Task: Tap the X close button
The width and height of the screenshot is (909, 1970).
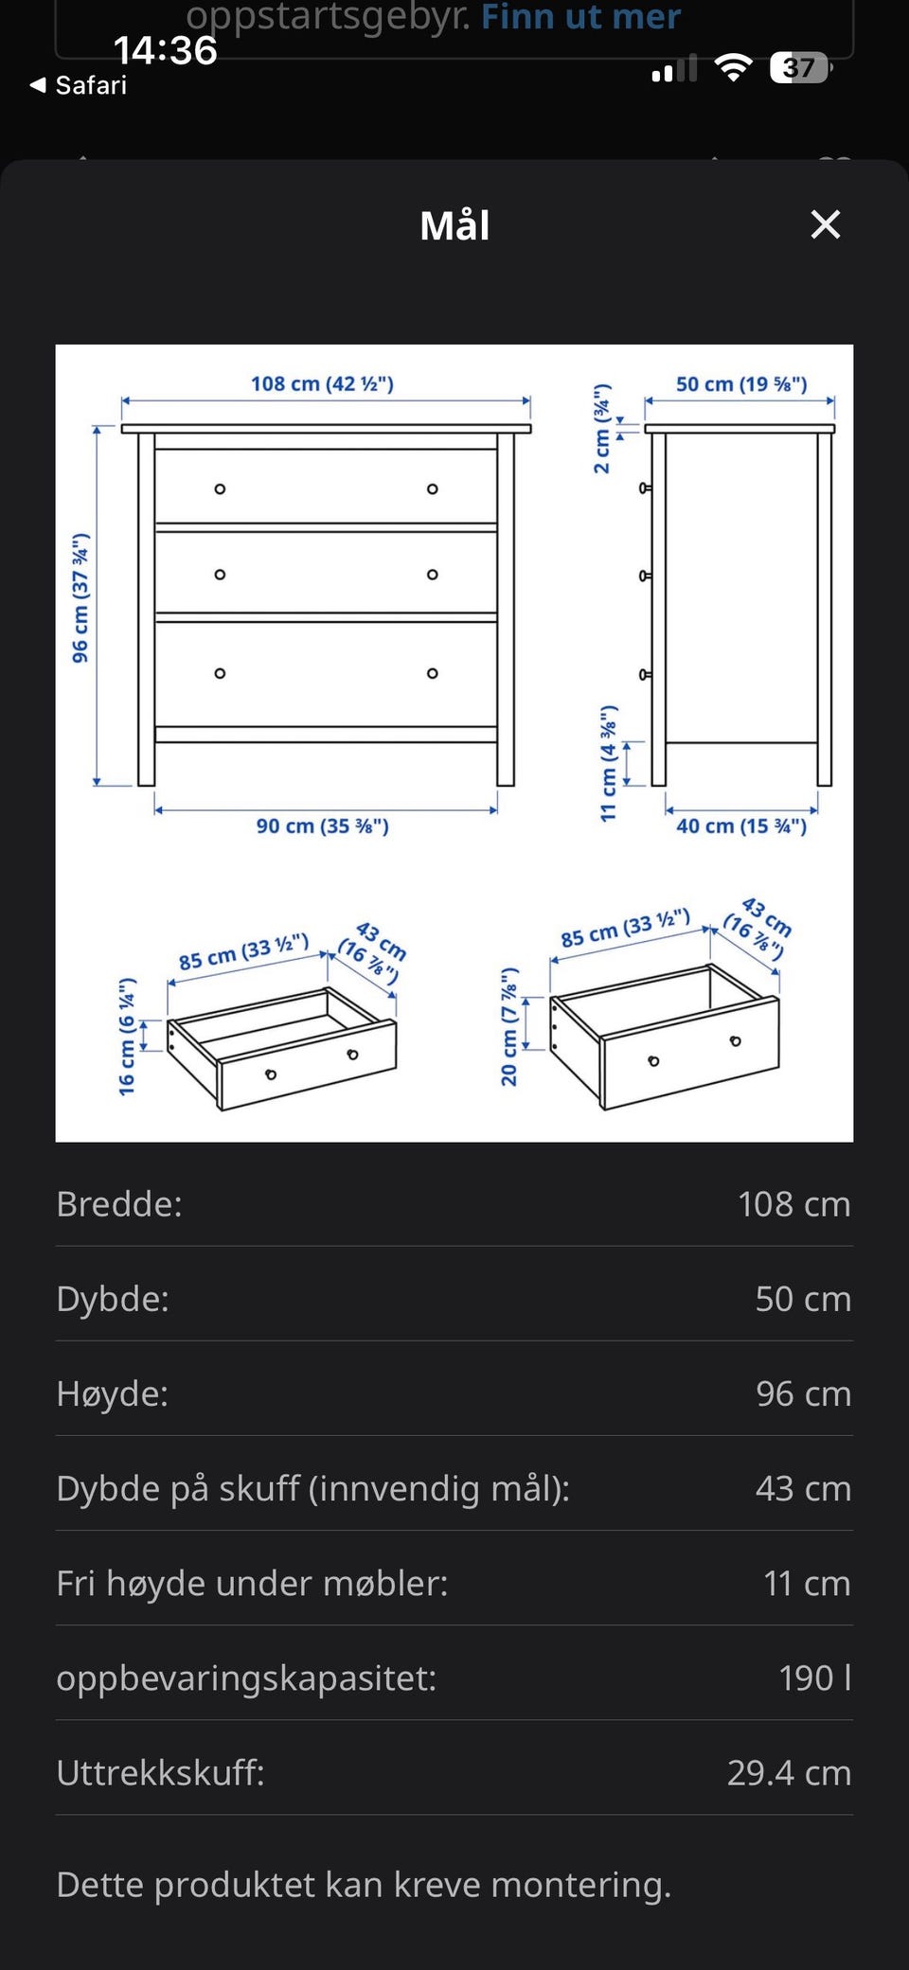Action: pyautogui.click(x=826, y=224)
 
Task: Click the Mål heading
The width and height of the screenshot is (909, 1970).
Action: pyautogui.click(x=454, y=225)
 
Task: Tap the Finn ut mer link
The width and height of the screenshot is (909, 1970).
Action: pyautogui.click(x=580, y=16)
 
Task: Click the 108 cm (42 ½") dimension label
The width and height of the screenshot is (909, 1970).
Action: pyautogui.click(x=322, y=383)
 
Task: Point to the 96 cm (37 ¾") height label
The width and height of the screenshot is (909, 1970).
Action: pyautogui.click(x=80, y=597)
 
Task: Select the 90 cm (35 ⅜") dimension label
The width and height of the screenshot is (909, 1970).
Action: pyautogui.click(x=322, y=825)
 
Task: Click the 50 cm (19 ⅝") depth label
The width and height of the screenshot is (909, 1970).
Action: pyautogui.click(x=741, y=383)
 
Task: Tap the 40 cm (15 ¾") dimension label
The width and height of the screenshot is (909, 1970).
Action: pyautogui.click(x=741, y=825)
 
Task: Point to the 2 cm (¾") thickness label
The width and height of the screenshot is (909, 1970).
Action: pyautogui.click(x=602, y=429)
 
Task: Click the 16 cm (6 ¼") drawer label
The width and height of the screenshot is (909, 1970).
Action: pyautogui.click(x=127, y=1037)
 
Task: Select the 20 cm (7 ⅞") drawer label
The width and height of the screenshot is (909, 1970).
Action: pyautogui.click(x=509, y=1026)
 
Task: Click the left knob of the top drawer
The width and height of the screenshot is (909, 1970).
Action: pyautogui.click(x=220, y=489)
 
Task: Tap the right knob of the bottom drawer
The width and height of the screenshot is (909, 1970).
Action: pyautogui.click(x=432, y=673)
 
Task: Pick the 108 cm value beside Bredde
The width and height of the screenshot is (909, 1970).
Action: pyautogui.click(x=794, y=1204)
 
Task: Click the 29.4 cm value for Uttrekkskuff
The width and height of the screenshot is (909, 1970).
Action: pyautogui.click(x=789, y=1772)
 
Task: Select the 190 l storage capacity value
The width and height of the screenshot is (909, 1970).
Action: pyautogui.click(x=814, y=1677)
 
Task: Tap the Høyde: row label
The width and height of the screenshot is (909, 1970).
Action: pyautogui.click(x=113, y=1393)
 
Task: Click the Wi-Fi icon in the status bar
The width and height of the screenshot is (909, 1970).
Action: pyautogui.click(x=733, y=67)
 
